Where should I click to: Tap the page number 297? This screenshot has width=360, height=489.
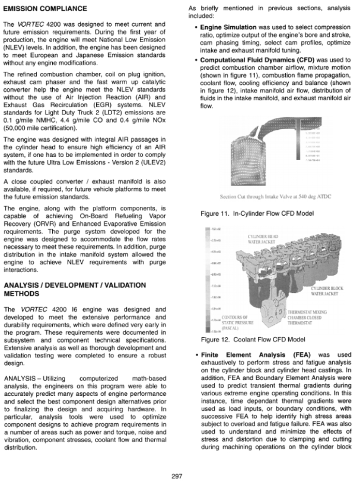(x=176, y=475)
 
